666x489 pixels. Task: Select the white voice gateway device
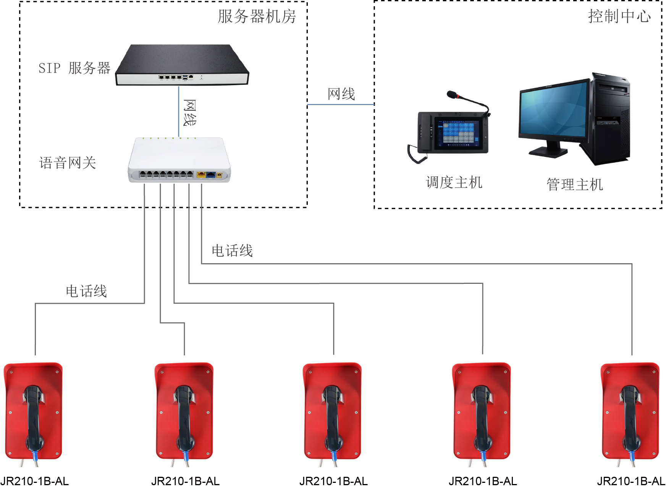[x=179, y=160]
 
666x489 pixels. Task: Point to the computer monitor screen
[x=553, y=111]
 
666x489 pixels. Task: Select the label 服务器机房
[x=257, y=16]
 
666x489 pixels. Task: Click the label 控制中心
[x=619, y=16]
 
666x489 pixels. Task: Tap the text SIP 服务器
[x=74, y=68]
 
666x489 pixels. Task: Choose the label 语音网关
[x=68, y=163]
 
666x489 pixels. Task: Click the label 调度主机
[x=454, y=182]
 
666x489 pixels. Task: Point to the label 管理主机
[x=574, y=185]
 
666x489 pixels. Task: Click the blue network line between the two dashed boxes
[x=340, y=104]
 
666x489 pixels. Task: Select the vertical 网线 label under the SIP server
[x=190, y=113]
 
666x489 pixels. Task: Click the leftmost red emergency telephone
[x=33, y=411]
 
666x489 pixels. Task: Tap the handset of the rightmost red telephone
[x=630, y=416]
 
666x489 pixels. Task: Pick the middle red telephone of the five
[x=332, y=411]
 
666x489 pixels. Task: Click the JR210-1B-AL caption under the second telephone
[x=185, y=481]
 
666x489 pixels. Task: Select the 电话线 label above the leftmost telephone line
[x=86, y=291]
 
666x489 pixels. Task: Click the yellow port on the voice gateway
[x=201, y=175]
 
